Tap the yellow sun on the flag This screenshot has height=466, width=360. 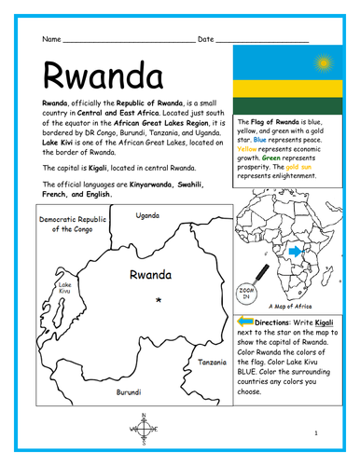(324, 64)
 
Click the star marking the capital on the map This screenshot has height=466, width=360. (159, 299)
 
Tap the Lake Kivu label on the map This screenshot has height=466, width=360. (64, 288)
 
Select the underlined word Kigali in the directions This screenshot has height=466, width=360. (328, 322)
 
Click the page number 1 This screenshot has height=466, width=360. (316, 433)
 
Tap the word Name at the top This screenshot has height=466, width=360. (51, 39)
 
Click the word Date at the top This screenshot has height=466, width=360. (206, 39)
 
